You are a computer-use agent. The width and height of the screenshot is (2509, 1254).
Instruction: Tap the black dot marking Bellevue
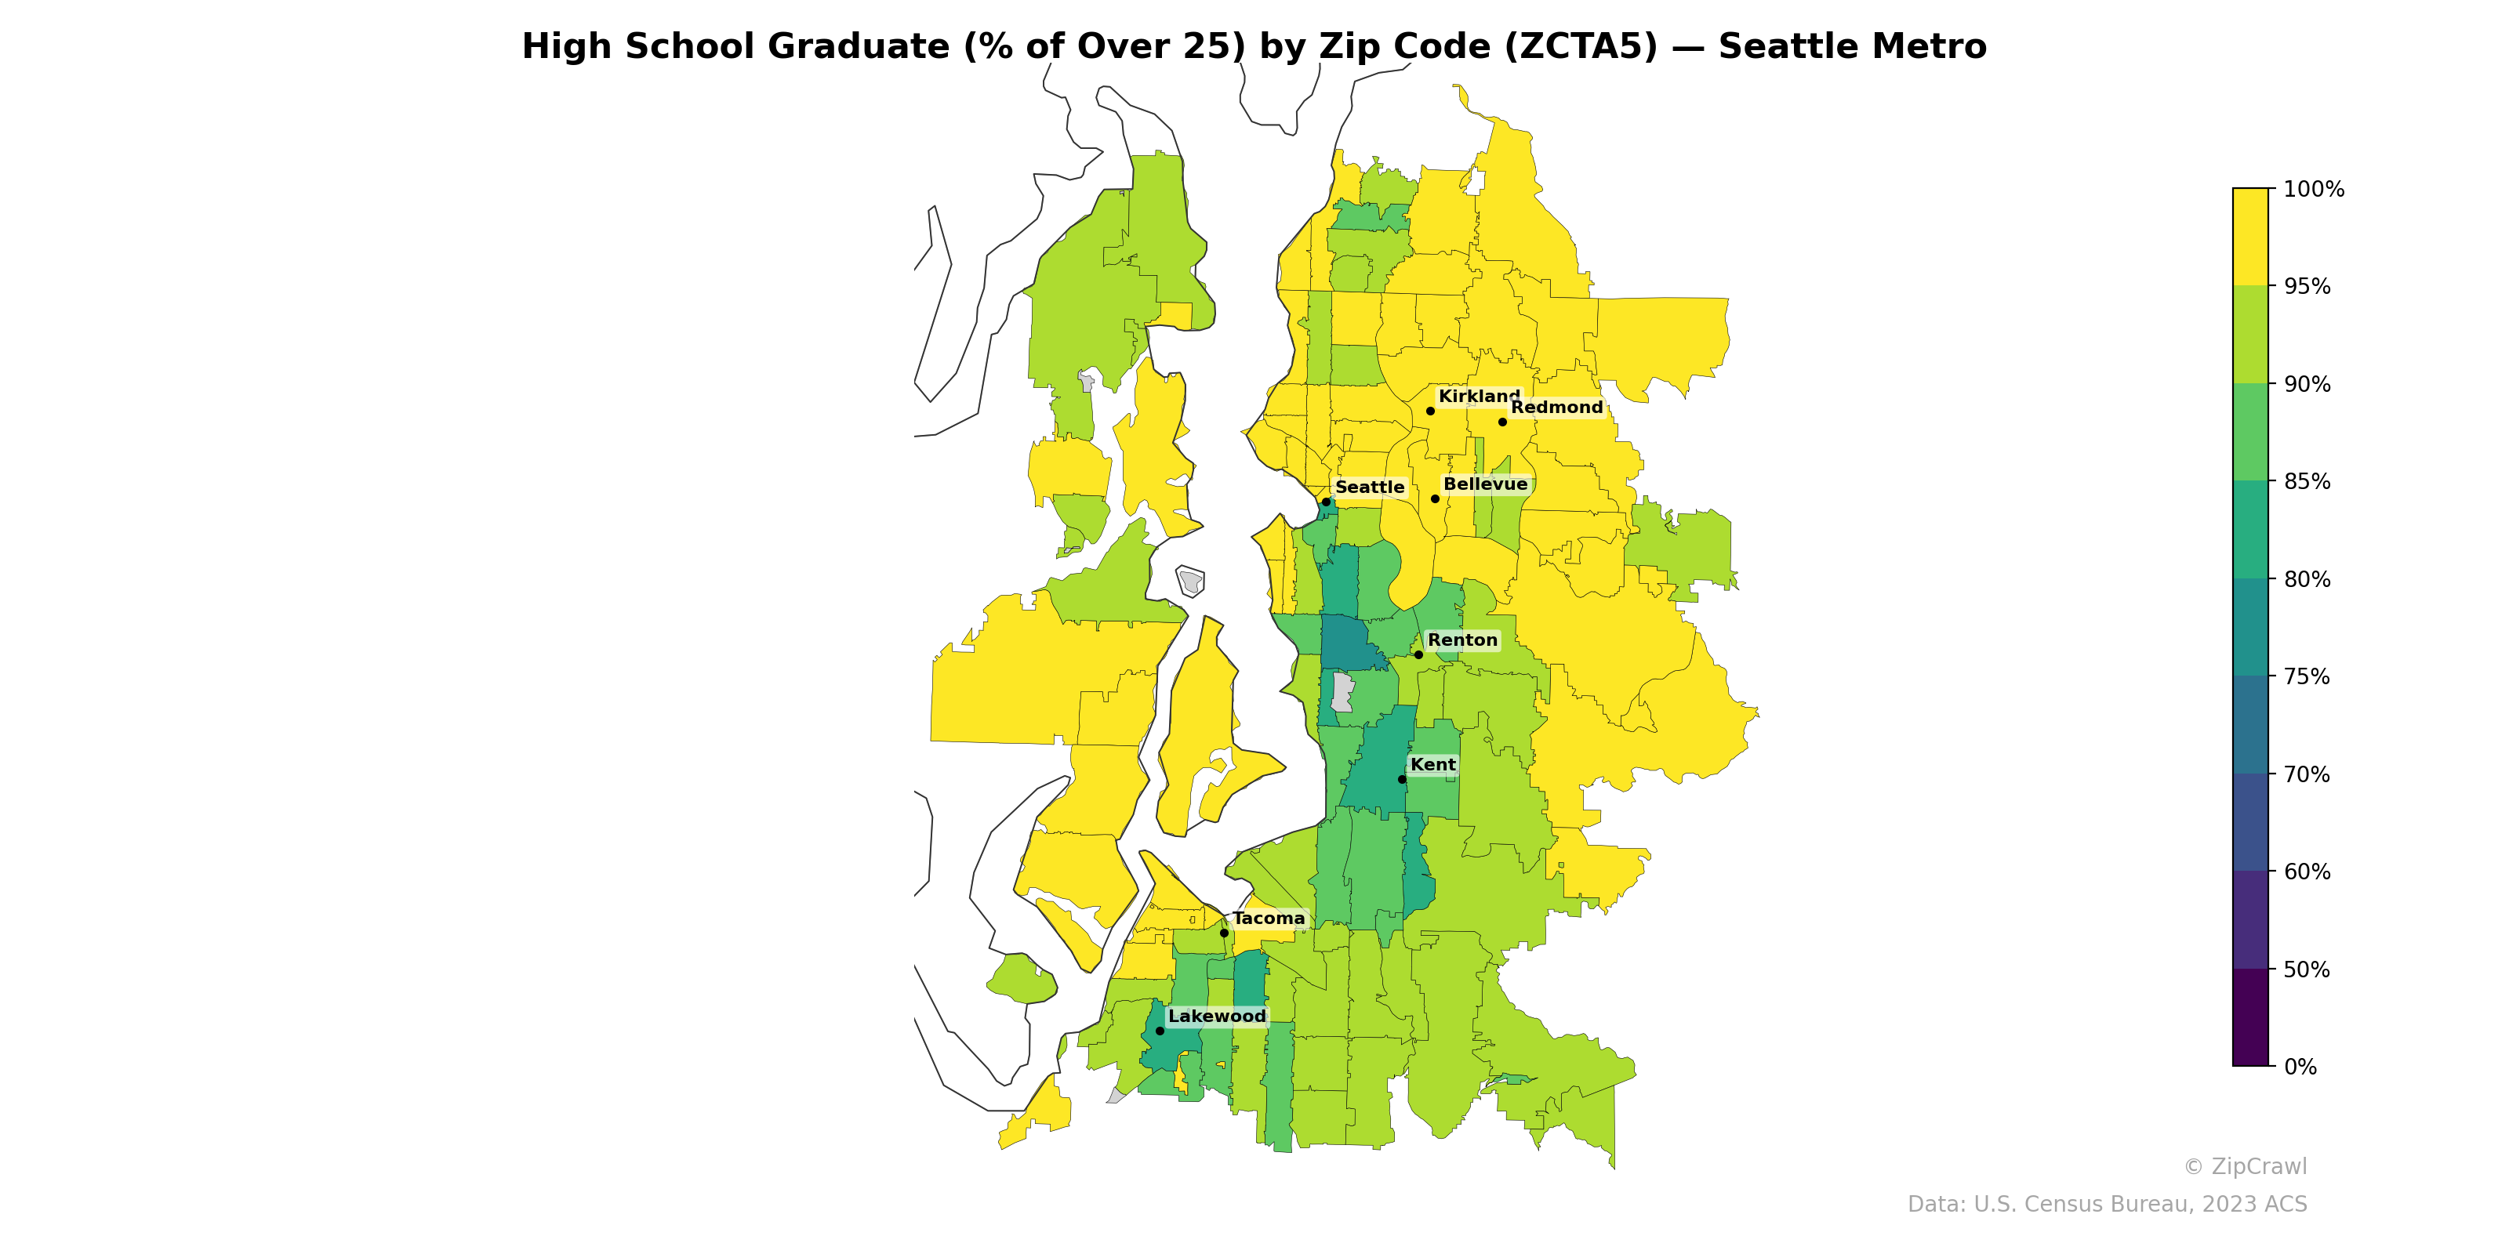click(1435, 498)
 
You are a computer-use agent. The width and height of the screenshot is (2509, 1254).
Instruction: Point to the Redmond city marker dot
click(1502, 422)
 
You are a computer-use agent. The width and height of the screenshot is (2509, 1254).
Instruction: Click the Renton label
click(1462, 640)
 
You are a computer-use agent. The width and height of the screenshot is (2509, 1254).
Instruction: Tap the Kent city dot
click(1402, 779)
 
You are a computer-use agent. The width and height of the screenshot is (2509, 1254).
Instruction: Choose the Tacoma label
click(1268, 918)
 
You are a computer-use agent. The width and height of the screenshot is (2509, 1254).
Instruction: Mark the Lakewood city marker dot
click(1159, 1030)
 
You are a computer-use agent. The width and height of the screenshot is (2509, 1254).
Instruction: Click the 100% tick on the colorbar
click(2312, 189)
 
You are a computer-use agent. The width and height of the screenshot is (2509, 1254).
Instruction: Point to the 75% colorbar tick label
click(2307, 676)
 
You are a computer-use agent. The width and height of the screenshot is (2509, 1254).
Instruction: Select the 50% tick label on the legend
click(2307, 969)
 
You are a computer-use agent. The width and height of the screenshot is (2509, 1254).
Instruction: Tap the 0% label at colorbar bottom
click(2300, 1067)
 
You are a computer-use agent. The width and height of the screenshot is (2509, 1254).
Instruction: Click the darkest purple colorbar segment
click(2250, 1017)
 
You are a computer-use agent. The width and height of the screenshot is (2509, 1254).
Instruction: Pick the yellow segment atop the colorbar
click(2250, 237)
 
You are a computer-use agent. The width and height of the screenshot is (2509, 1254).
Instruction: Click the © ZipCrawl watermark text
click(2244, 1166)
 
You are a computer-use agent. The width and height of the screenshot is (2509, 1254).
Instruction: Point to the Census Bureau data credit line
click(2107, 1205)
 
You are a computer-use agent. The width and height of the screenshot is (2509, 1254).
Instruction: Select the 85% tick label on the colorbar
click(2307, 482)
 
